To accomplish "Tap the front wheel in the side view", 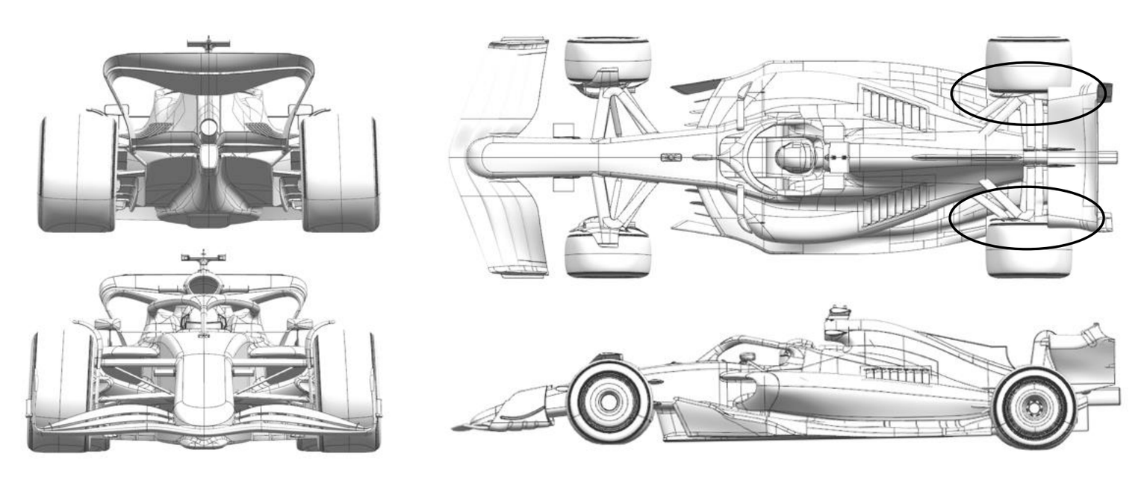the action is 609,402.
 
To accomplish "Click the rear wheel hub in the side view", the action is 1035,407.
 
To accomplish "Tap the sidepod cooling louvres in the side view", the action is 896,375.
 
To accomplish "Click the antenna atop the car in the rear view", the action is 208,43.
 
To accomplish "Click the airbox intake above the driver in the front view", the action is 203,283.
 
